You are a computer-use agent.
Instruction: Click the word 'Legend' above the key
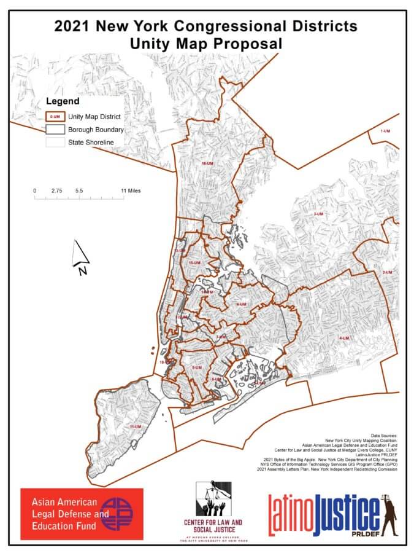pyautogui.click(x=63, y=100)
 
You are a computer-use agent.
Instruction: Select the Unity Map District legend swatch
pyautogui.click(x=55, y=116)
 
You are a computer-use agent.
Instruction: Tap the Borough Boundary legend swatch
pyautogui.click(x=55, y=130)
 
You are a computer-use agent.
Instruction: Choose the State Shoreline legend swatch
pyautogui.click(x=55, y=143)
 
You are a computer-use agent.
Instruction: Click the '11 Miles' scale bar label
pyautogui.click(x=131, y=190)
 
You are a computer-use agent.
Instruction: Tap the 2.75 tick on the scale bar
pyautogui.click(x=57, y=190)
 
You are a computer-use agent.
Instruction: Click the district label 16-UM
pyautogui.click(x=206, y=163)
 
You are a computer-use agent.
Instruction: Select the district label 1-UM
pyautogui.click(x=385, y=131)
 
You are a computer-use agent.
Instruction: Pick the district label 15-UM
pyautogui.click(x=195, y=262)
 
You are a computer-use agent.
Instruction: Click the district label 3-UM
pyautogui.click(x=318, y=214)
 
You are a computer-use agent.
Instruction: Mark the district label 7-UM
pyautogui.click(x=221, y=337)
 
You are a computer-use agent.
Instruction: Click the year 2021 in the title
pyautogui.click(x=75, y=26)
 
